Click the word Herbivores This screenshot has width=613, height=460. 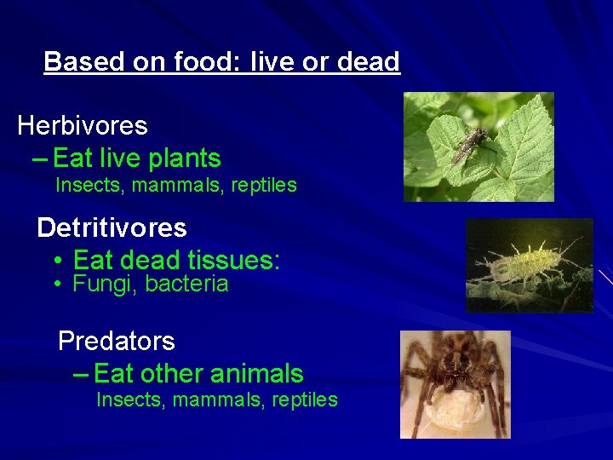[83, 126]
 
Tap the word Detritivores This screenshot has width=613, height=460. [112, 228]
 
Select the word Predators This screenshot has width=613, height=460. [116, 342]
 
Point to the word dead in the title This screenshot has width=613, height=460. [368, 62]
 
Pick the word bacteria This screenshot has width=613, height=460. [186, 285]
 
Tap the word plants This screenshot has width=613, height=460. [185, 158]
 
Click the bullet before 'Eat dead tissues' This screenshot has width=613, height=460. [55, 260]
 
